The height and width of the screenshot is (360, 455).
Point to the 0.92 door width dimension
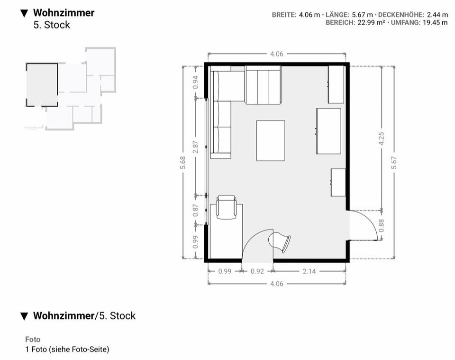point(257,272)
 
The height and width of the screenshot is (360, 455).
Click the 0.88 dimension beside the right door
point(382,225)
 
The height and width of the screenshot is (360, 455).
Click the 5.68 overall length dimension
point(184,163)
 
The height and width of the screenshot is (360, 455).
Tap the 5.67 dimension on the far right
point(394,163)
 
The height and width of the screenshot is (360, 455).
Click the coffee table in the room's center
point(271,140)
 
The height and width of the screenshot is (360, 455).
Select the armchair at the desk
point(226,207)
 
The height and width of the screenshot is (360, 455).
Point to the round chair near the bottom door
point(280,242)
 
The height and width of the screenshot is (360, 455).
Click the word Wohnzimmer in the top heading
point(64,13)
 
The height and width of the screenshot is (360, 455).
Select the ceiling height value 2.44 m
point(437,15)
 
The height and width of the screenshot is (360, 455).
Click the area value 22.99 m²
point(364,23)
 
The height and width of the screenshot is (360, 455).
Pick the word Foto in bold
point(33,340)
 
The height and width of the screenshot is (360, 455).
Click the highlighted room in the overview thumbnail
point(42,85)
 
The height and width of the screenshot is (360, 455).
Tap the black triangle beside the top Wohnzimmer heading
point(25,13)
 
